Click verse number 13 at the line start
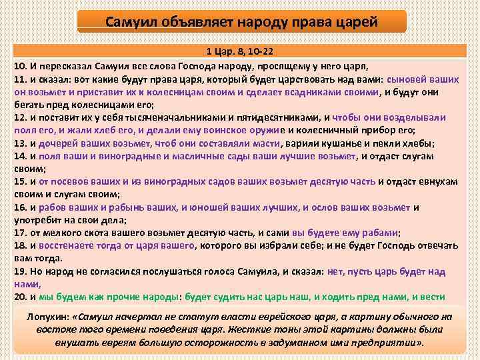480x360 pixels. click(x=19, y=143)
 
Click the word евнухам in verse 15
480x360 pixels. click(x=443, y=181)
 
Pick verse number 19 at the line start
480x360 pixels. click(x=19, y=271)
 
